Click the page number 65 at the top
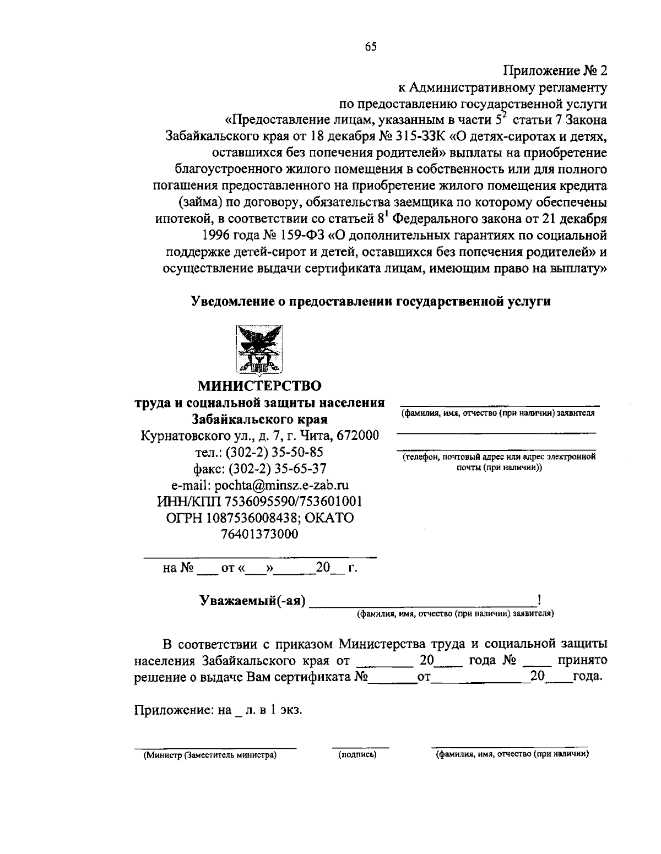pyautogui.click(x=370, y=47)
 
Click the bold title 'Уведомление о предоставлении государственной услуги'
pyautogui.click(x=371, y=301)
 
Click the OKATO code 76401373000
pyautogui.click(x=259, y=534)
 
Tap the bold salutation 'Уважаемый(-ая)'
pyautogui.click(x=252, y=601)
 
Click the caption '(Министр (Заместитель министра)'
pyautogui.click(x=210, y=755)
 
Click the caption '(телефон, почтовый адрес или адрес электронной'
pyautogui.click(x=499, y=456)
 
